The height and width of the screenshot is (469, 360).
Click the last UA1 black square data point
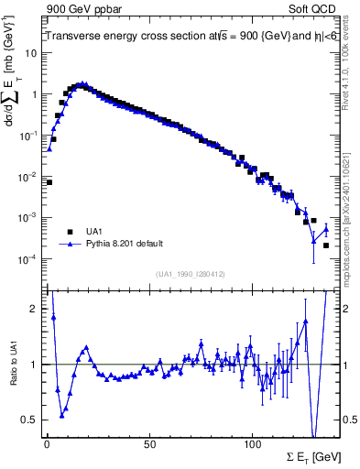tap(325, 245)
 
